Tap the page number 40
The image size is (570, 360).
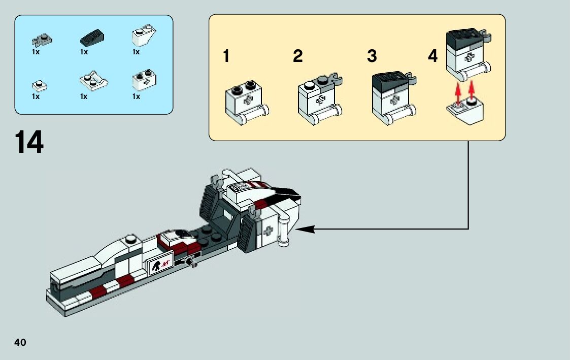(x=20, y=342)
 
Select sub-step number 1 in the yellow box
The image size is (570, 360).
(x=226, y=56)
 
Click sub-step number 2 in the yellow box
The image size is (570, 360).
(x=298, y=56)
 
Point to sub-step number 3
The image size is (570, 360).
(x=372, y=56)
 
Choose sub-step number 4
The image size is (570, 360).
(x=432, y=56)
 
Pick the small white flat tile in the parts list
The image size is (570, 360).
(x=39, y=85)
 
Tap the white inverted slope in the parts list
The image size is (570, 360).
(x=144, y=38)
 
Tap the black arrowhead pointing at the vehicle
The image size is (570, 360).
(x=305, y=230)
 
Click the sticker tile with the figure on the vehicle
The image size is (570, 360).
(x=159, y=264)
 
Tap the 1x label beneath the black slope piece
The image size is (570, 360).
(x=84, y=52)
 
